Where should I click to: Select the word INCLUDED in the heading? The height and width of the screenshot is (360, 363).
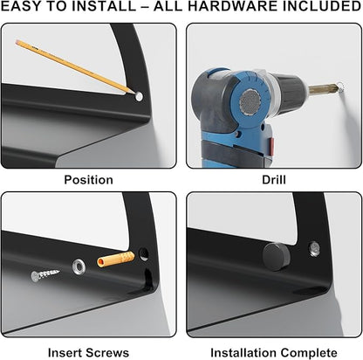(x=319, y=7)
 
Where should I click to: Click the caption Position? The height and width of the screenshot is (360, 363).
(x=88, y=180)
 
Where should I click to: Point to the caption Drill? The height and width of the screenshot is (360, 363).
(x=274, y=180)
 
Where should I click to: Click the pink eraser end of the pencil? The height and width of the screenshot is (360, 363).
(x=17, y=42)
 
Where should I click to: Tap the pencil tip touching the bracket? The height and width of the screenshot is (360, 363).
(x=134, y=93)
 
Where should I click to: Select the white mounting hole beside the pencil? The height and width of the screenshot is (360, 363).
(x=139, y=97)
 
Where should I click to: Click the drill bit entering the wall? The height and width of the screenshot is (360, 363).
(x=323, y=88)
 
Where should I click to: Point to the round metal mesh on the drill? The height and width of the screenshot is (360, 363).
(x=250, y=101)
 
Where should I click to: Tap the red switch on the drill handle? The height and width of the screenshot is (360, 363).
(x=271, y=147)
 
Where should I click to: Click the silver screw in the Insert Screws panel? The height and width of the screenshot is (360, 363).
(x=45, y=274)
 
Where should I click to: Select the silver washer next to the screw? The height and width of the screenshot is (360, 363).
(x=79, y=266)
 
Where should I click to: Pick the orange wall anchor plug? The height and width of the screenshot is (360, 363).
(x=116, y=260)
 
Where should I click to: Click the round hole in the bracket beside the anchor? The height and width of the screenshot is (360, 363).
(x=143, y=253)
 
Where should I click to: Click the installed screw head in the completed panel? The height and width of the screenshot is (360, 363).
(x=314, y=249)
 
